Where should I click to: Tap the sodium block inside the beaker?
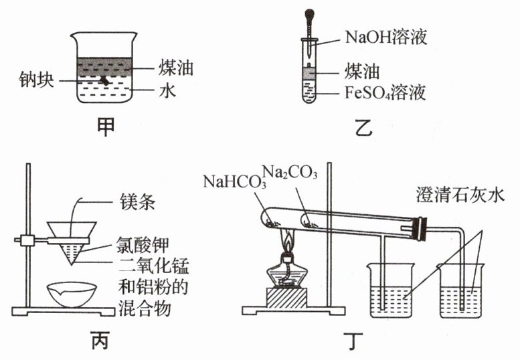click(x=104, y=80)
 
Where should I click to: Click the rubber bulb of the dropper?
click(x=311, y=13)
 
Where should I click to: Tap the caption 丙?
click(x=99, y=342)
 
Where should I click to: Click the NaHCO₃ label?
click(x=233, y=181)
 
